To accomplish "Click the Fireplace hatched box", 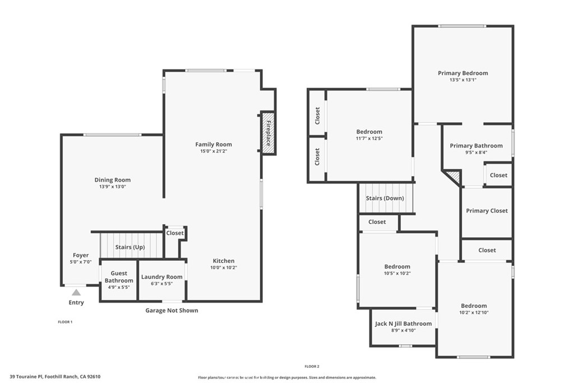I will tap(268, 133).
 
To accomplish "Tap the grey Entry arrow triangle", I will tap(76, 292).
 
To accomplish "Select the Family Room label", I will tap(214, 144).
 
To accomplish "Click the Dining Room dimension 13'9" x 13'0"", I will tap(112, 187).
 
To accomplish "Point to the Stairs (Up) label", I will tap(130, 247).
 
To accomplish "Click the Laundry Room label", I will tap(161, 276).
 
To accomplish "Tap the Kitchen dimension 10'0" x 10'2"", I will tap(224, 267).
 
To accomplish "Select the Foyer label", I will tap(81, 255).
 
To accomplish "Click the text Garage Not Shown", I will tap(172, 310).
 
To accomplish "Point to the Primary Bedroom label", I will tap(463, 73).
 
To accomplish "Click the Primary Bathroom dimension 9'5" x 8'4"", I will tap(476, 152).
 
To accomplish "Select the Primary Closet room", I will tap(487, 211).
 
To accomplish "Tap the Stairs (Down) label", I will tap(385, 198).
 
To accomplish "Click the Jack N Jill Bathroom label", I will tap(403, 324).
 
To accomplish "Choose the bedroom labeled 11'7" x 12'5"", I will tap(369, 135).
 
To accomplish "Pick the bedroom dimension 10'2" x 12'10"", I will tap(474, 312).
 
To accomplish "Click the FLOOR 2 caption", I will tap(312, 366).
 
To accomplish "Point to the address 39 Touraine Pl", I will tap(55, 377).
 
